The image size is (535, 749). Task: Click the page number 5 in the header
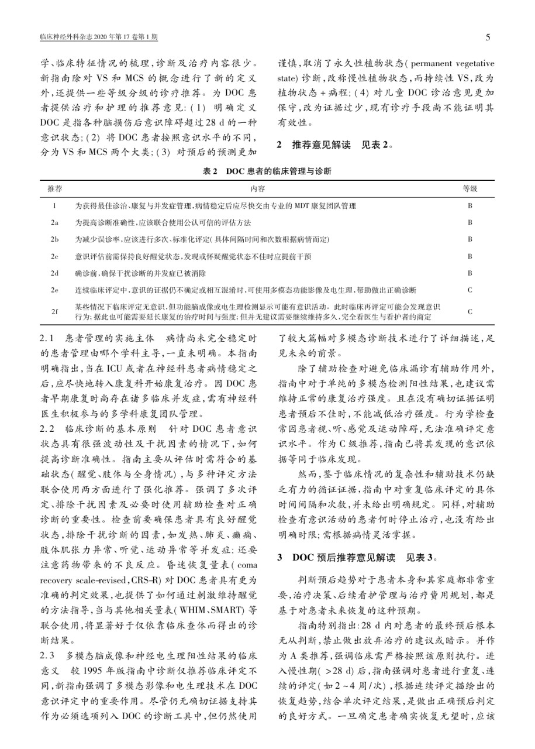[x=488, y=38]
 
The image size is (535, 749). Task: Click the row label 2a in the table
[x=54, y=223]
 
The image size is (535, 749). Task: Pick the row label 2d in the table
[x=54, y=273]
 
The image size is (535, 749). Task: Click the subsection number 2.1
[x=47, y=338]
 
